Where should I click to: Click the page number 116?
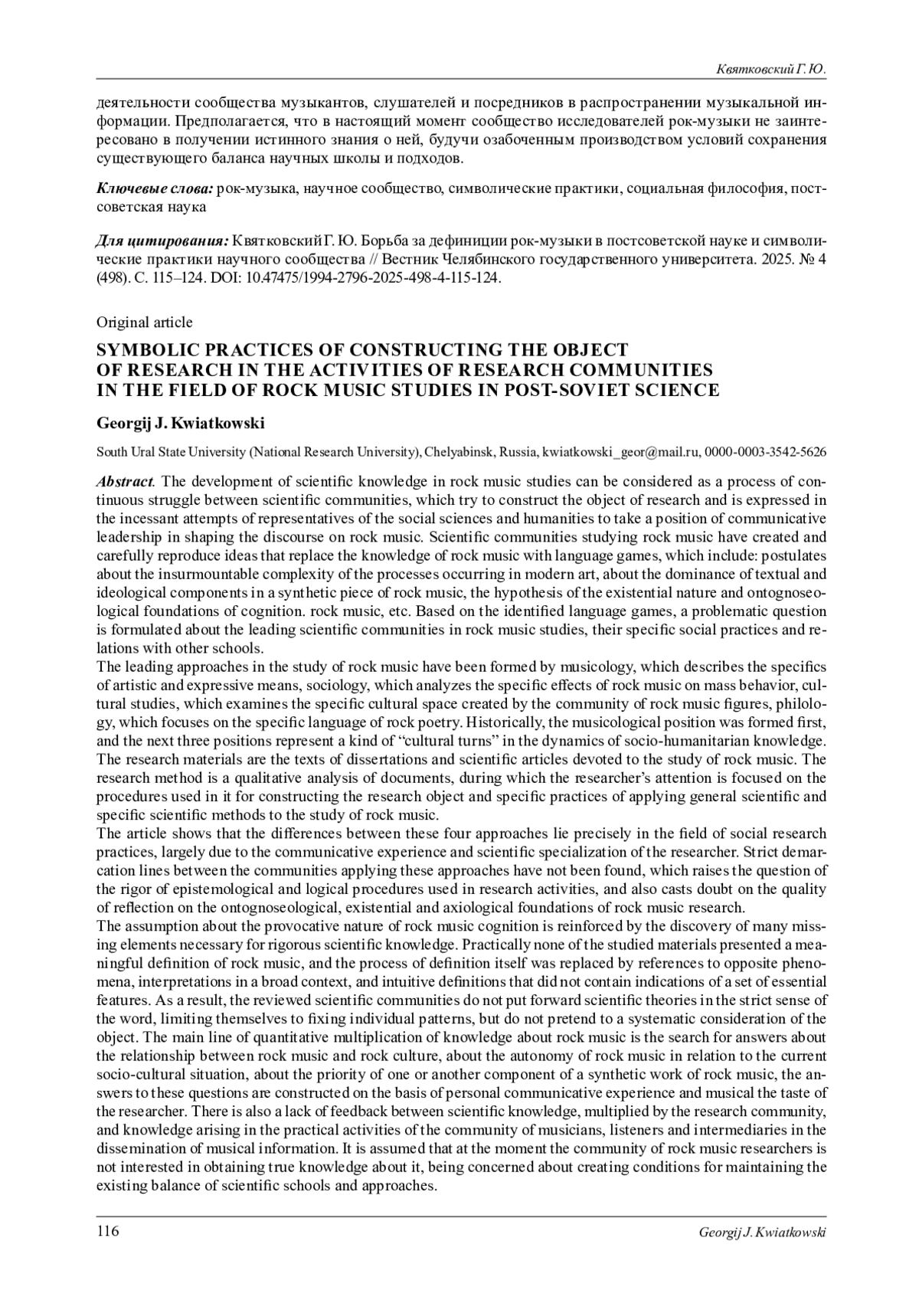pos(107,1231)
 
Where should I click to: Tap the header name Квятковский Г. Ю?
pos(770,70)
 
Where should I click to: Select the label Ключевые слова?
pos(155,189)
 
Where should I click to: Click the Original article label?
pos(144,323)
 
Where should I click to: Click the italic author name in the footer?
pos(762,1232)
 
